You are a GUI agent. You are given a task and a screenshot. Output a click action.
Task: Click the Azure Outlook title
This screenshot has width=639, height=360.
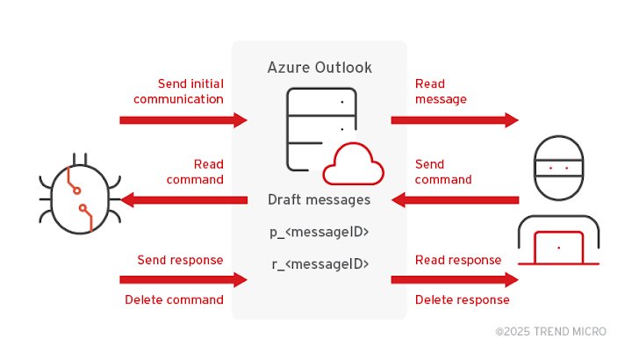[x=319, y=68]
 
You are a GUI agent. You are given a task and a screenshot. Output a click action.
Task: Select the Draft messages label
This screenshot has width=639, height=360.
[x=319, y=200]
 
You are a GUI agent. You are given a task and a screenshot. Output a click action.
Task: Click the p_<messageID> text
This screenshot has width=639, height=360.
[x=319, y=232]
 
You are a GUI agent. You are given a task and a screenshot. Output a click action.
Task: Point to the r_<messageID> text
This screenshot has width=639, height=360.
[x=319, y=264]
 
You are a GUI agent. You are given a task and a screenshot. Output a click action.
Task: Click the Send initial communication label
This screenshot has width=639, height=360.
[x=178, y=91]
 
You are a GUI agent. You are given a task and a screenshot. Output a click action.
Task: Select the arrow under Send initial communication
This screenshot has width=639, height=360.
[x=183, y=120]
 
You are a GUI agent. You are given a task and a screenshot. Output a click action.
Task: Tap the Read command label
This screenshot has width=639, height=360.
[x=195, y=171]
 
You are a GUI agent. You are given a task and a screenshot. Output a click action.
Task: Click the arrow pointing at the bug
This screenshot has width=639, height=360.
[x=184, y=200]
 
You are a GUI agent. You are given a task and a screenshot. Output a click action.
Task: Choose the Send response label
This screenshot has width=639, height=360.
[x=180, y=260]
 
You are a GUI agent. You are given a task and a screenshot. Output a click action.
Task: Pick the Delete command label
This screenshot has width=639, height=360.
[x=174, y=299]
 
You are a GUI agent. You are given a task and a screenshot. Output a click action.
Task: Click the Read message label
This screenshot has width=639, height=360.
[x=441, y=91]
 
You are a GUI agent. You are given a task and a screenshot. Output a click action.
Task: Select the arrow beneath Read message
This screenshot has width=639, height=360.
[x=455, y=120]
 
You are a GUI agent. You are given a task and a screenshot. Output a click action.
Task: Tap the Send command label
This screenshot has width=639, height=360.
[x=443, y=171]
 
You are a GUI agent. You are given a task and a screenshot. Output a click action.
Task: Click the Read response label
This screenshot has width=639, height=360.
[x=458, y=260]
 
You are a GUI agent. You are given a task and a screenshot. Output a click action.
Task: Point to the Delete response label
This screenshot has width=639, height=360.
[x=462, y=299]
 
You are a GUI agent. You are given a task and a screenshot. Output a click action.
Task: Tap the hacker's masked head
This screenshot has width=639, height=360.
[x=559, y=168]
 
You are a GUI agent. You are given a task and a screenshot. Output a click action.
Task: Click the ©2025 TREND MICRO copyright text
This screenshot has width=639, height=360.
[x=550, y=331]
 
